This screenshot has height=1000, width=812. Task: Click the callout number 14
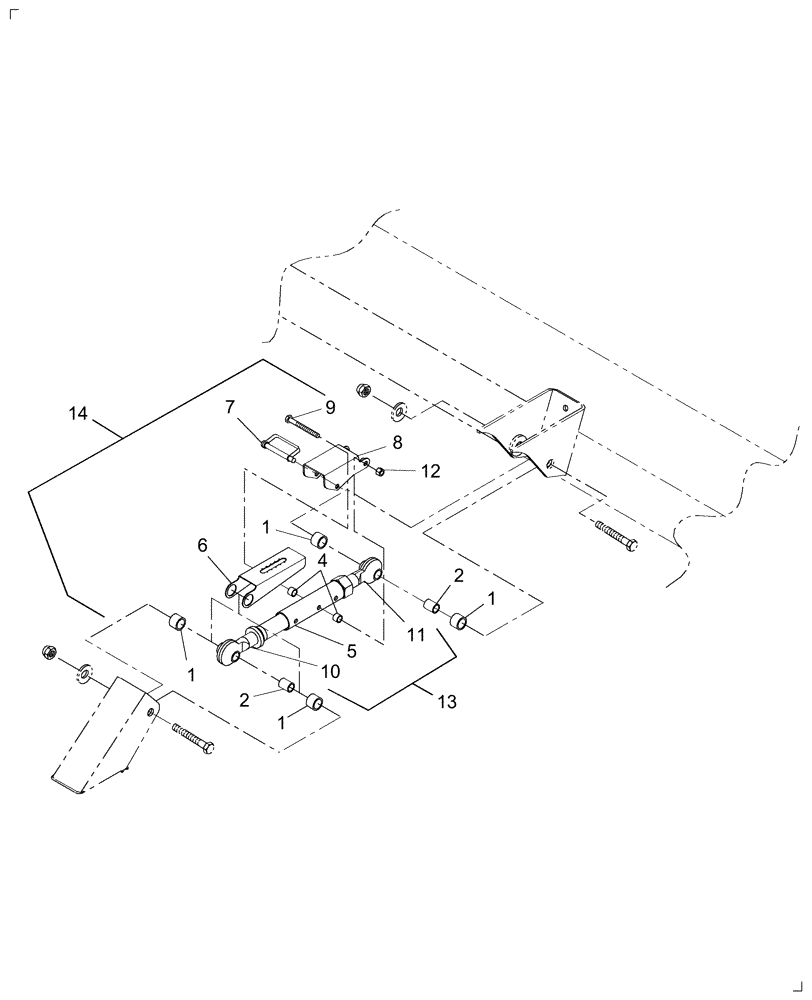[x=80, y=413]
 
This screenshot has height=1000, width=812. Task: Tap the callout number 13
[x=446, y=703]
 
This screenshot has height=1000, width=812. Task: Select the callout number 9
[x=329, y=408]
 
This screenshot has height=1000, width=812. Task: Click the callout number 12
[x=430, y=471]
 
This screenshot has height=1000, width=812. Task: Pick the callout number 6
[x=202, y=546]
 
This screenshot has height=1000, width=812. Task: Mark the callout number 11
[x=415, y=634]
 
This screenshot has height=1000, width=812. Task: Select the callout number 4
[x=322, y=562]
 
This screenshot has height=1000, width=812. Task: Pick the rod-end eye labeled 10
[x=232, y=652]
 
